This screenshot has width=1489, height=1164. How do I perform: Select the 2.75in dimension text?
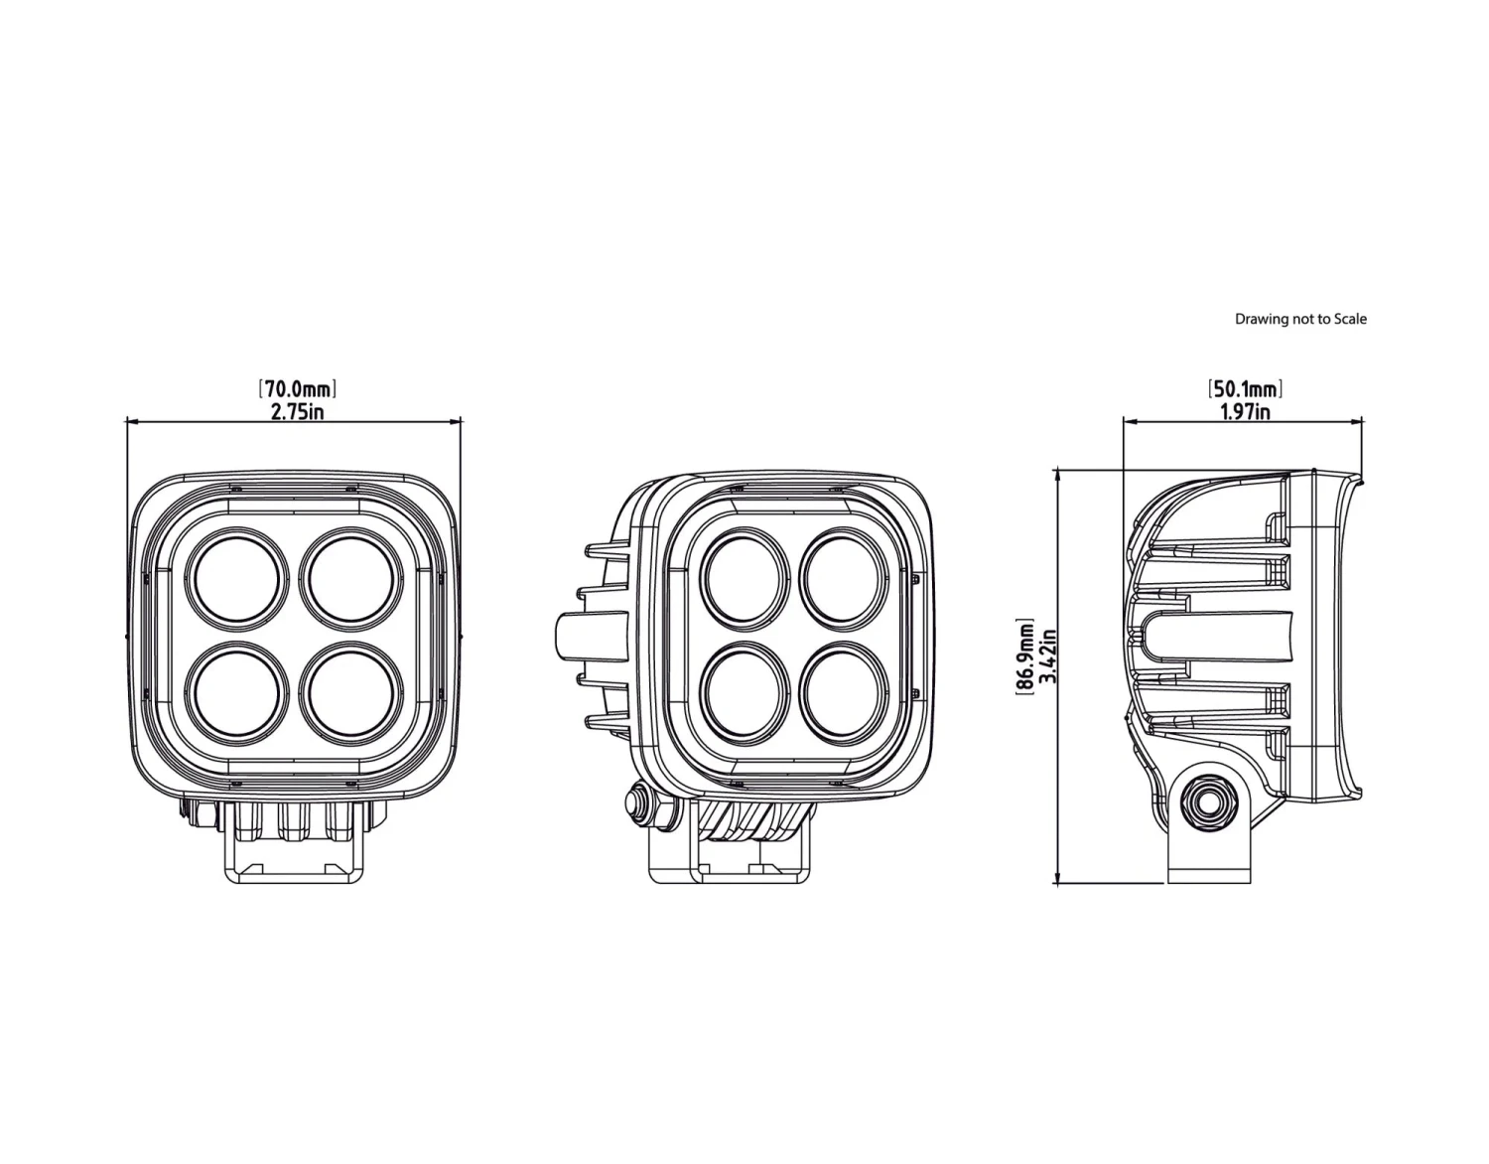(297, 410)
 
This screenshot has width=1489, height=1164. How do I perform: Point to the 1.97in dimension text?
(1245, 410)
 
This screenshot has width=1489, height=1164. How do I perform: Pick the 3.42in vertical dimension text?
(1045, 655)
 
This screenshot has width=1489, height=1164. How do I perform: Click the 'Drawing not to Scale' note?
(1300, 319)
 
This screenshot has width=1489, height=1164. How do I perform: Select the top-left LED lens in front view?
(237, 578)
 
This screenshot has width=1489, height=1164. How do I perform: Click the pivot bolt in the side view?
(1210, 801)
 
